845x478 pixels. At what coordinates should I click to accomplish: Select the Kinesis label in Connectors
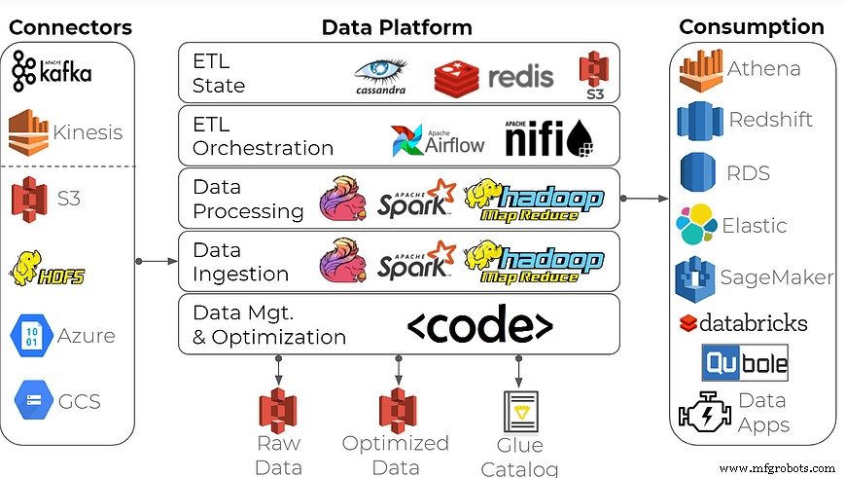pyautogui.click(x=88, y=132)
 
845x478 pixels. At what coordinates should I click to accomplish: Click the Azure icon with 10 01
pyautogui.click(x=27, y=336)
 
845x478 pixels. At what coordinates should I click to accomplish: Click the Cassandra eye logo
pyautogui.click(x=381, y=74)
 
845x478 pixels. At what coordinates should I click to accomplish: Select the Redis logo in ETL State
pyautogui.click(x=494, y=76)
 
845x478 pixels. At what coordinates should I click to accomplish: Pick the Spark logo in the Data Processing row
pyautogui.click(x=416, y=198)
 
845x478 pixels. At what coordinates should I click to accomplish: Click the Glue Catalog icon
pyautogui.click(x=517, y=412)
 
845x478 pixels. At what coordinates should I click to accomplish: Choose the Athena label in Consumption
pyautogui.click(x=763, y=68)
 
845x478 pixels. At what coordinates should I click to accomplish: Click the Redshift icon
pyautogui.click(x=699, y=120)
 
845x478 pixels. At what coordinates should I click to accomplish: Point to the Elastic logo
pyautogui.click(x=696, y=226)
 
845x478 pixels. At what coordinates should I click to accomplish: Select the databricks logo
pyautogui.click(x=743, y=322)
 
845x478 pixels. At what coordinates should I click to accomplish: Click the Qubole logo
pyautogui.click(x=745, y=362)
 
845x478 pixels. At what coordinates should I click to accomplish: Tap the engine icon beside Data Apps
pyautogui.click(x=702, y=412)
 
